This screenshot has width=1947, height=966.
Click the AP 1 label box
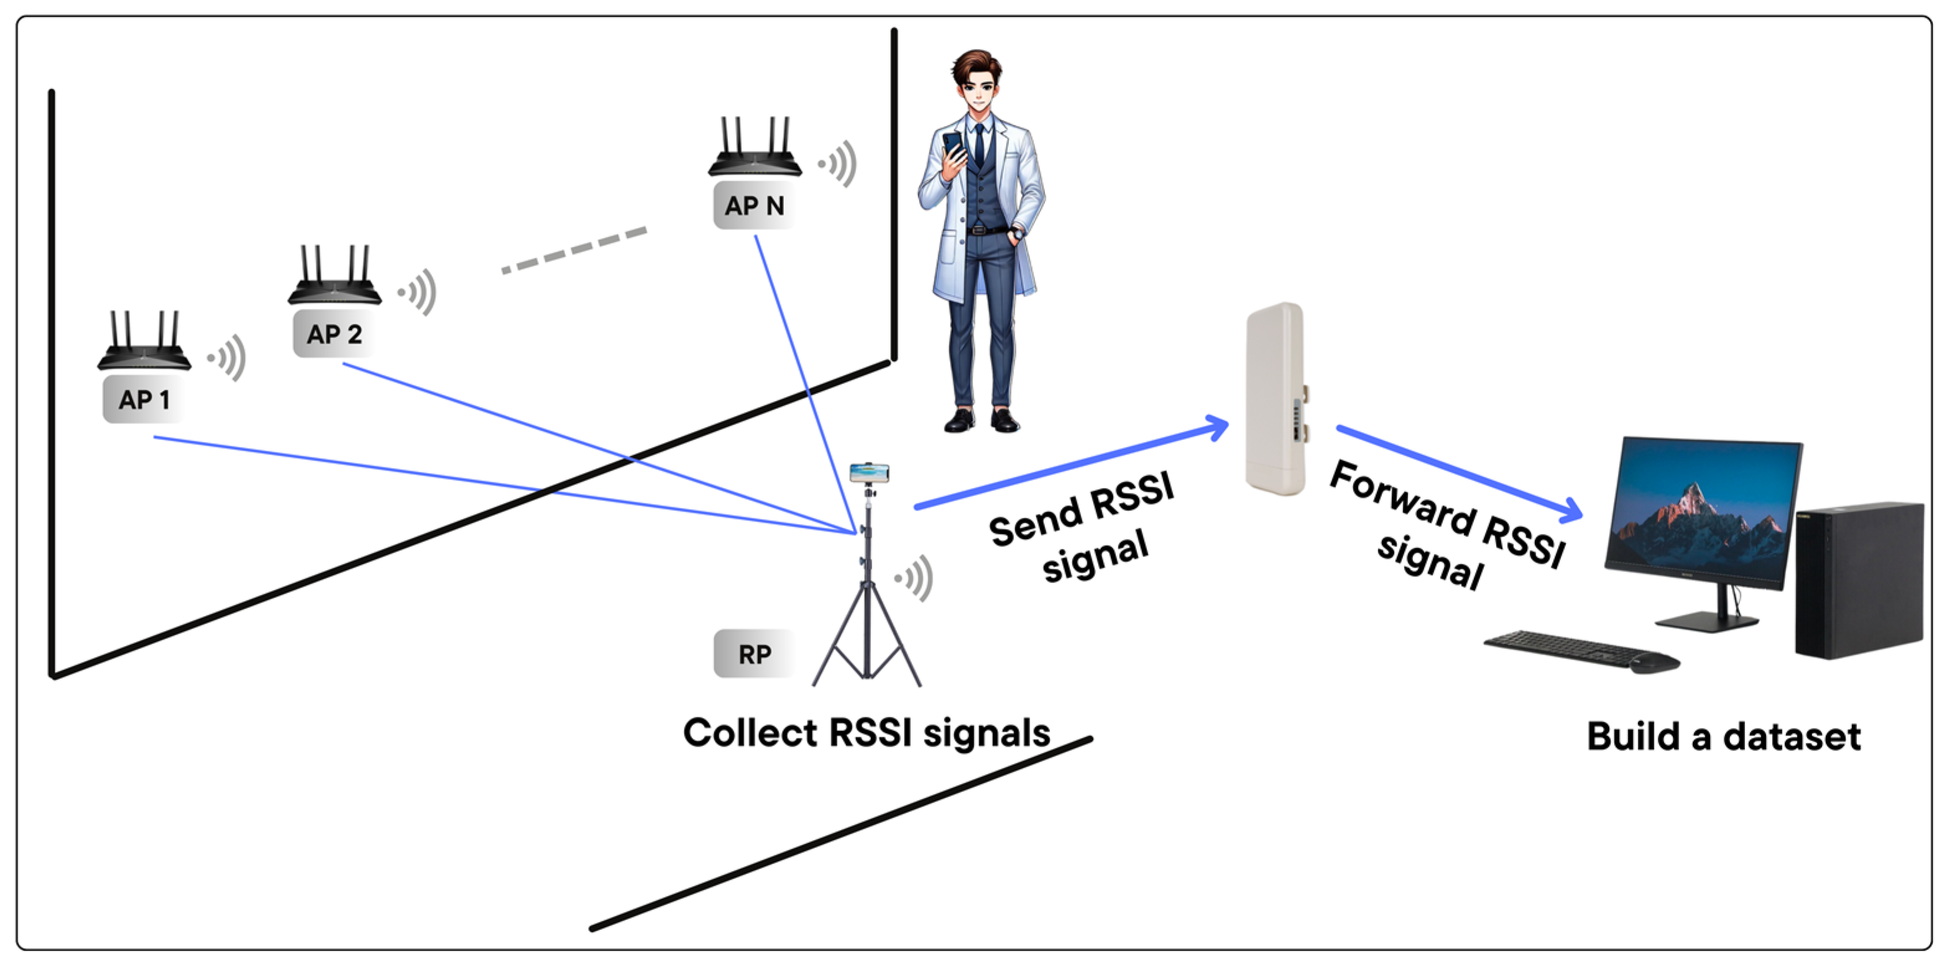pos(144,399)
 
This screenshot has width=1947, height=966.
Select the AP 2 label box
pos(334,333)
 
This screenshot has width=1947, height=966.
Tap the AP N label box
pos(754,205)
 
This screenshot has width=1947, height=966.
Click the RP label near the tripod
pos(754,654)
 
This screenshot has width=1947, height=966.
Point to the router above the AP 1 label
pos(144,344)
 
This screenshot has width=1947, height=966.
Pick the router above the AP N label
pos(754,150)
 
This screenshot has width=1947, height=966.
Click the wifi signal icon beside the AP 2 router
pos(420,292)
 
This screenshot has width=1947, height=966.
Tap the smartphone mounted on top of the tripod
pos(869,473)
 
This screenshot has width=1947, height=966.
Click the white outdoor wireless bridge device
pos(1276,398)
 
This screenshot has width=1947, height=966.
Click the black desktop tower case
pos(1859,578)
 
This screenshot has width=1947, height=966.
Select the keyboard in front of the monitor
pos(1565,648)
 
